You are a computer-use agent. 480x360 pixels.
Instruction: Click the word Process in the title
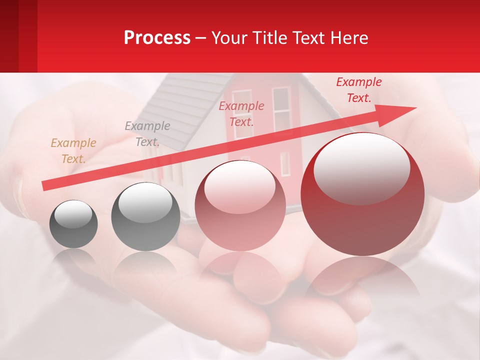point(157,38)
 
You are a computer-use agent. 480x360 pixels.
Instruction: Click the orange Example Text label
point(73,150)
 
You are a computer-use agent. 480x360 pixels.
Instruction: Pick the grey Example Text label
point(147,133)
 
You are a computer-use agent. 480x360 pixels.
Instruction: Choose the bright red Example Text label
point(358,90)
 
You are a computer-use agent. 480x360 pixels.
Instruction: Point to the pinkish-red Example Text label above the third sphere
point(241,113)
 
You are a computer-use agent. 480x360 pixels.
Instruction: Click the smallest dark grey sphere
point(73,224)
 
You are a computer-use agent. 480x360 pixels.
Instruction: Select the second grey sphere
point(145,216)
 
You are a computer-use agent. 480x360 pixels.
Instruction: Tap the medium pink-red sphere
point(240,205)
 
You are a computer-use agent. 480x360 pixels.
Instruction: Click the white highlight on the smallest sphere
point(73,214)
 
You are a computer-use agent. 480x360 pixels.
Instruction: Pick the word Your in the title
point(229,38)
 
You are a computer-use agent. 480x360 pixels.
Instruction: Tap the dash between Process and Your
point(200,38)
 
